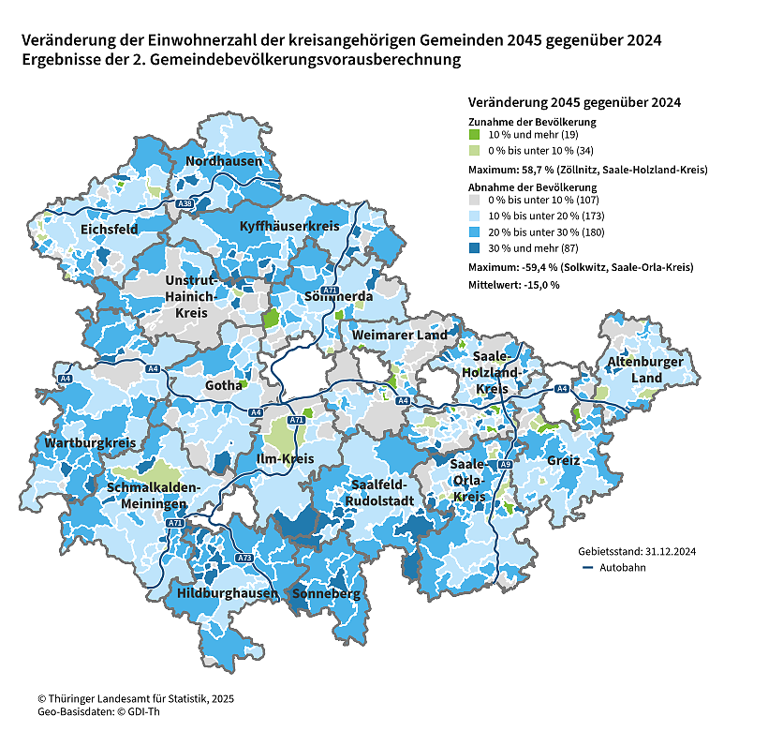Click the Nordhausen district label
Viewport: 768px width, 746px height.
[x=224, y=161]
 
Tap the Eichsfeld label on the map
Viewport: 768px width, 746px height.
[x=110, y=229]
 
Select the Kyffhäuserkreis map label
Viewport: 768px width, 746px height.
[x=289, y=227]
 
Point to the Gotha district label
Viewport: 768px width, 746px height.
[x=224, y=386]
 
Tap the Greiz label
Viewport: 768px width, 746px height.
[x=564, y=461]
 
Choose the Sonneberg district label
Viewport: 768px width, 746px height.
[x=326, y=594]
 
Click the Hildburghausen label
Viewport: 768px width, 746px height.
[x=228, y=593]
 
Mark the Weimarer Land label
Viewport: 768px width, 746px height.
[x=400, y=335]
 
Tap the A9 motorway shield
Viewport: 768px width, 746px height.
[x=505, y=465]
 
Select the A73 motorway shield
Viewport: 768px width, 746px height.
[x=244, y=559]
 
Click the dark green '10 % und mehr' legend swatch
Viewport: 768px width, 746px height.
[x=475, y=136]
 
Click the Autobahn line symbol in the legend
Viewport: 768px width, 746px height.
[x=588, y=568]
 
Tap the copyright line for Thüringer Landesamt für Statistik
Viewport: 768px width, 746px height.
[x=135, y=699]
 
